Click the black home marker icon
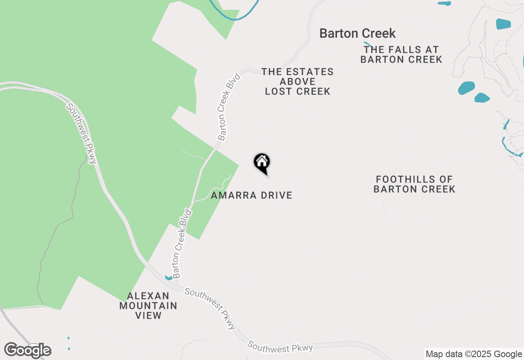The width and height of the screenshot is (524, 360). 262,162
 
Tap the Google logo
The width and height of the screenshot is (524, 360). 28,350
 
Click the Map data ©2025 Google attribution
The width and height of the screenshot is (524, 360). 474,354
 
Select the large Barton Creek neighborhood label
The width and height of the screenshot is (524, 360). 357,33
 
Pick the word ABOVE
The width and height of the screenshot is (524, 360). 298,82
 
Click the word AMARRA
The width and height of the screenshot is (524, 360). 234,196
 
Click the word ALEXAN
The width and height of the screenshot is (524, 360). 142,296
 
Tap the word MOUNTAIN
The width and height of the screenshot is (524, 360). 148,306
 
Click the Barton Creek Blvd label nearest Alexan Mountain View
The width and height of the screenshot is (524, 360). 182,244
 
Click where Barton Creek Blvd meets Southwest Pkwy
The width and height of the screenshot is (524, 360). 177,286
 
